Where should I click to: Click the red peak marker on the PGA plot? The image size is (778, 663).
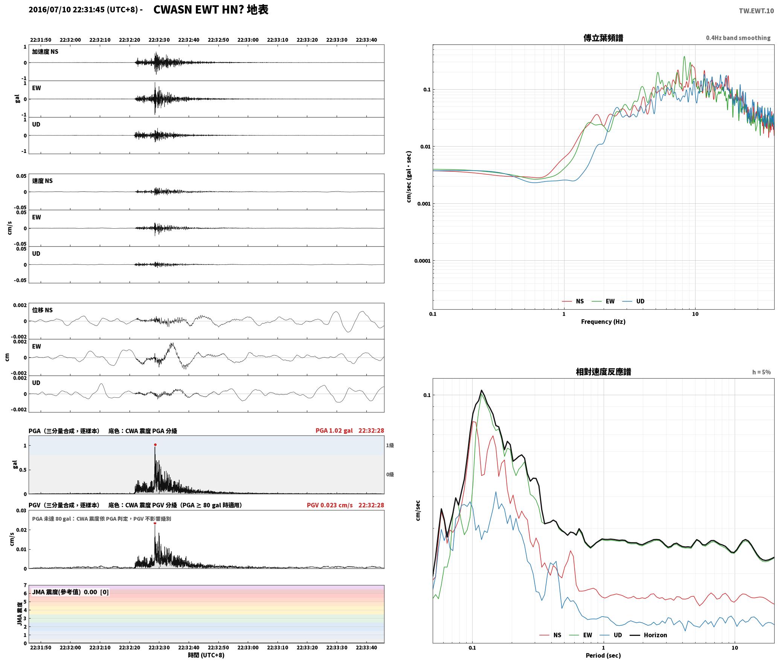click(155, 445)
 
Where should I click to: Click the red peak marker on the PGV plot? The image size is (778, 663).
click(155, 523)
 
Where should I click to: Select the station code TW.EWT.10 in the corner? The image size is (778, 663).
click(756, 11)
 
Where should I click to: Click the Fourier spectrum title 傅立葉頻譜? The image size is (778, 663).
click(603, 38)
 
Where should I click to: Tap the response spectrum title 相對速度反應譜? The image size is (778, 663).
click(603, 372)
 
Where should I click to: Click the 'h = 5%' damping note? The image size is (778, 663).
click(761, 372)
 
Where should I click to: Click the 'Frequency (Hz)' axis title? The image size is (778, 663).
click(603, 322)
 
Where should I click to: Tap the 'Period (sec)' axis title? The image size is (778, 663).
click(603, 655)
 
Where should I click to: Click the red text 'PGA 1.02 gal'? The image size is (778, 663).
click(334, 431)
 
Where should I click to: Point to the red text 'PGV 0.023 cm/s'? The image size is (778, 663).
click(330, 505)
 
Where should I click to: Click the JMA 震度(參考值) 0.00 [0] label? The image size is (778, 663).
click(70, 592)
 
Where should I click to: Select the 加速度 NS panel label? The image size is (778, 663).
click(45, 52)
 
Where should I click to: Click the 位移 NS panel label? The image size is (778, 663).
click(42, 310)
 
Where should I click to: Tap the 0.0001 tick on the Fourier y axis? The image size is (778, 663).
click(422, 261)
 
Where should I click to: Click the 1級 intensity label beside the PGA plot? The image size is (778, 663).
click(390, 446)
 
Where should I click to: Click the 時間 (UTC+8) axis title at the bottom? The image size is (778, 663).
click(206, 655)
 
